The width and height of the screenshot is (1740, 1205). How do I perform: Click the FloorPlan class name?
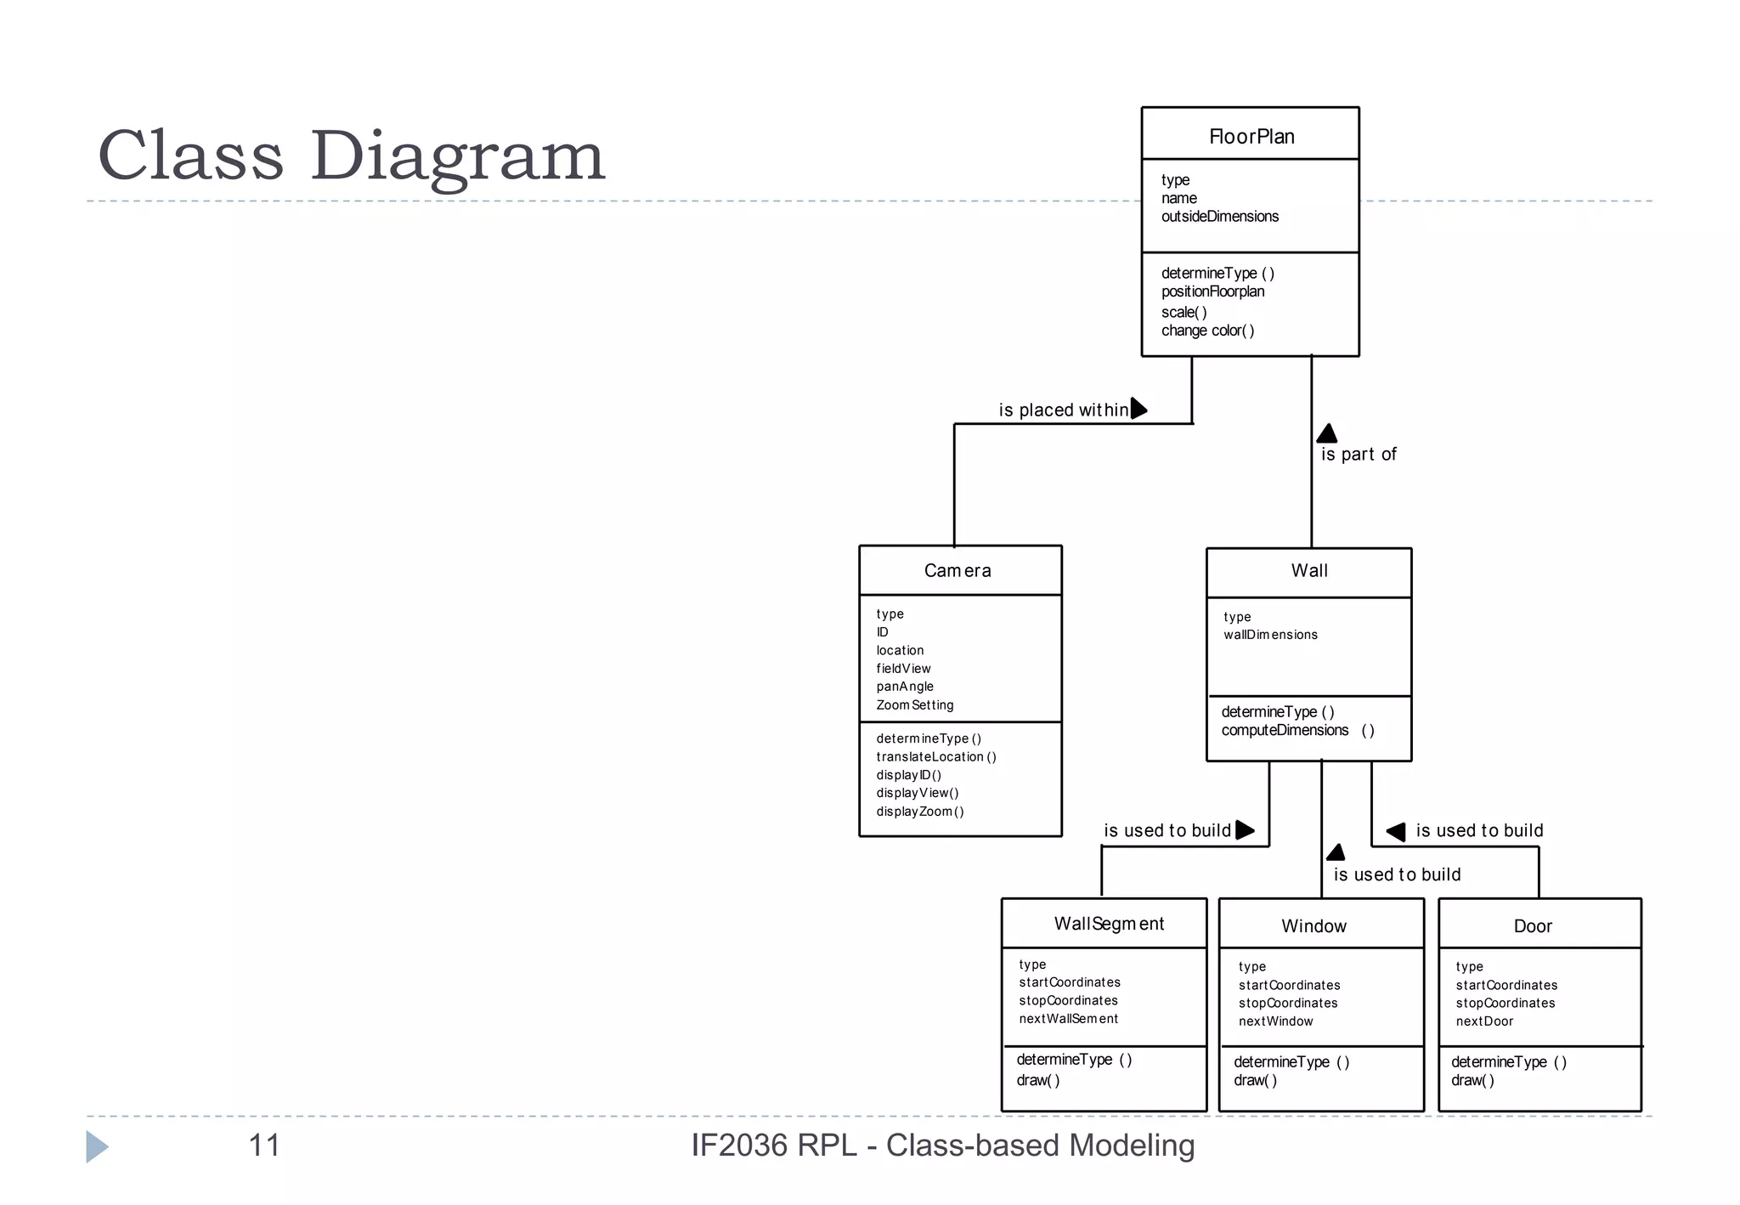(x=1251, y=137)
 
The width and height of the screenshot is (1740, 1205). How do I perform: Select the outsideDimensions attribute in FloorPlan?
(x=1219, y=217)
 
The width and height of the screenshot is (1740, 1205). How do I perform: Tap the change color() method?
(x=1207, y=331)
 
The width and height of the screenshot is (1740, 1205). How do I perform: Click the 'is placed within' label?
(x=1063, y=410)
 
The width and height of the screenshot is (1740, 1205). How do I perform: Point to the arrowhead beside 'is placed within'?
(x=1138, y=409)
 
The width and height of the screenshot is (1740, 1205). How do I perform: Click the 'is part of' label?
(x=1358, y=455)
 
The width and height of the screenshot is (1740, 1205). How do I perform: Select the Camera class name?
(x=958, y=571)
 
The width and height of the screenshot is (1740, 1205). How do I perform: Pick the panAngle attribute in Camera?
(x=905, y=687)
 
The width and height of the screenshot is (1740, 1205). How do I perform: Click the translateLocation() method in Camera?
(x=936, y=757)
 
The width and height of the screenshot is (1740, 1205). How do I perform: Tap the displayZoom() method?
(x=920, y=812)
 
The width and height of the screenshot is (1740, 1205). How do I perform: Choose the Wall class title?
(x=1309, y=571)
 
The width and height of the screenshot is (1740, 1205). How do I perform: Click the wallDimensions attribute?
(x=1270, y=635)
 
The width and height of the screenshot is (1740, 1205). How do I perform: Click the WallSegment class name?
(x=1109, y=925)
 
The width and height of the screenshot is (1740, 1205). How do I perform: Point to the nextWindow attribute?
(x=1275, y=1021)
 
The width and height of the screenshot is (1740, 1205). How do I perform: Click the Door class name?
(x=1533, y=926)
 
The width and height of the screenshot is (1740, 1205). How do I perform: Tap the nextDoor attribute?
(x=1484, y=1021)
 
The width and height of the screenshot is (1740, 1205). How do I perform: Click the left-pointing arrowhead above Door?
(x=1396, y=832)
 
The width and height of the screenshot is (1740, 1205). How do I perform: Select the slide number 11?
(x=263, y=1146)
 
